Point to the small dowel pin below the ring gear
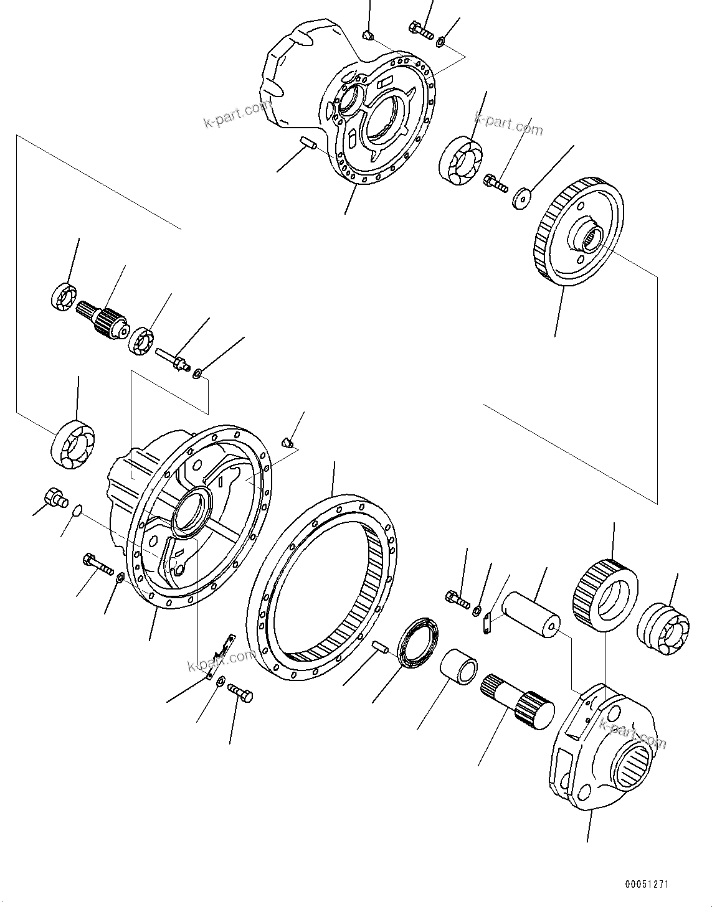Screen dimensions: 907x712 [x=381, y=647]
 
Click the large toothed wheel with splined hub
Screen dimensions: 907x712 [x=579, y=233]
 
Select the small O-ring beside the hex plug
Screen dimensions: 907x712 [x=77, y=511]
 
